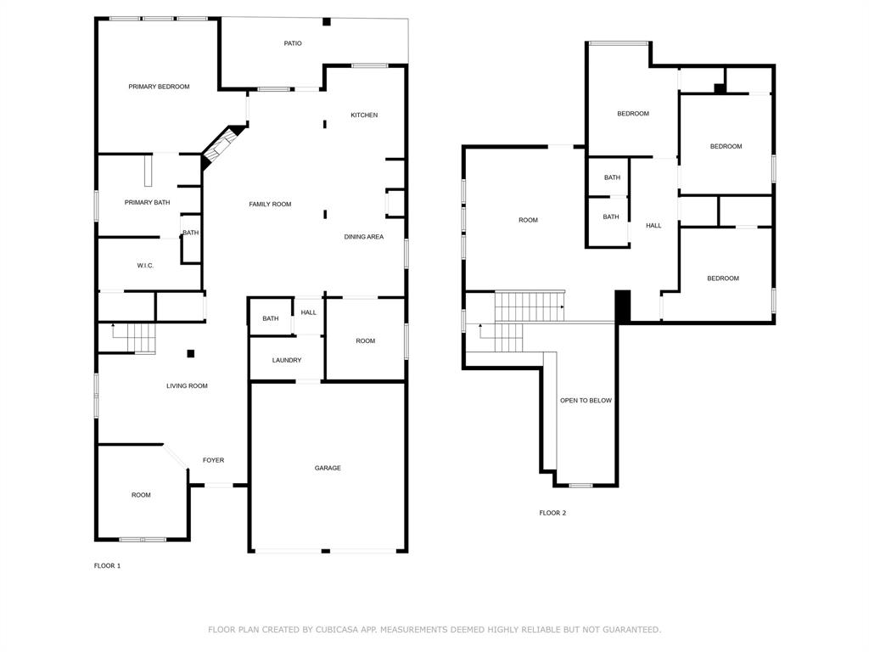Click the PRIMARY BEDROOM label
point(159,87)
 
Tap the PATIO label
point(292,43)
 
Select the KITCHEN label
point(364,115)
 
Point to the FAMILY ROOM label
point(270,205)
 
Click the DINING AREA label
point(363,237)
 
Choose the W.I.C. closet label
point(145,266)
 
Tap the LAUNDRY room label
point(286,361)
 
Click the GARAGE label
point(328,469)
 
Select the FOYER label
point(213,461)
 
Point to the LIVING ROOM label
point(187,386)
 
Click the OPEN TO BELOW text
point(586,401)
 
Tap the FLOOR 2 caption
point(552,513)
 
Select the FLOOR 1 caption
point(107,565)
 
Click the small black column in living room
point(191,353)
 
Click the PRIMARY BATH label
point(147,203)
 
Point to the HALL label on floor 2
point(653,226)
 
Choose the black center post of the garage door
point(326,551)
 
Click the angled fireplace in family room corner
point(220,146)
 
